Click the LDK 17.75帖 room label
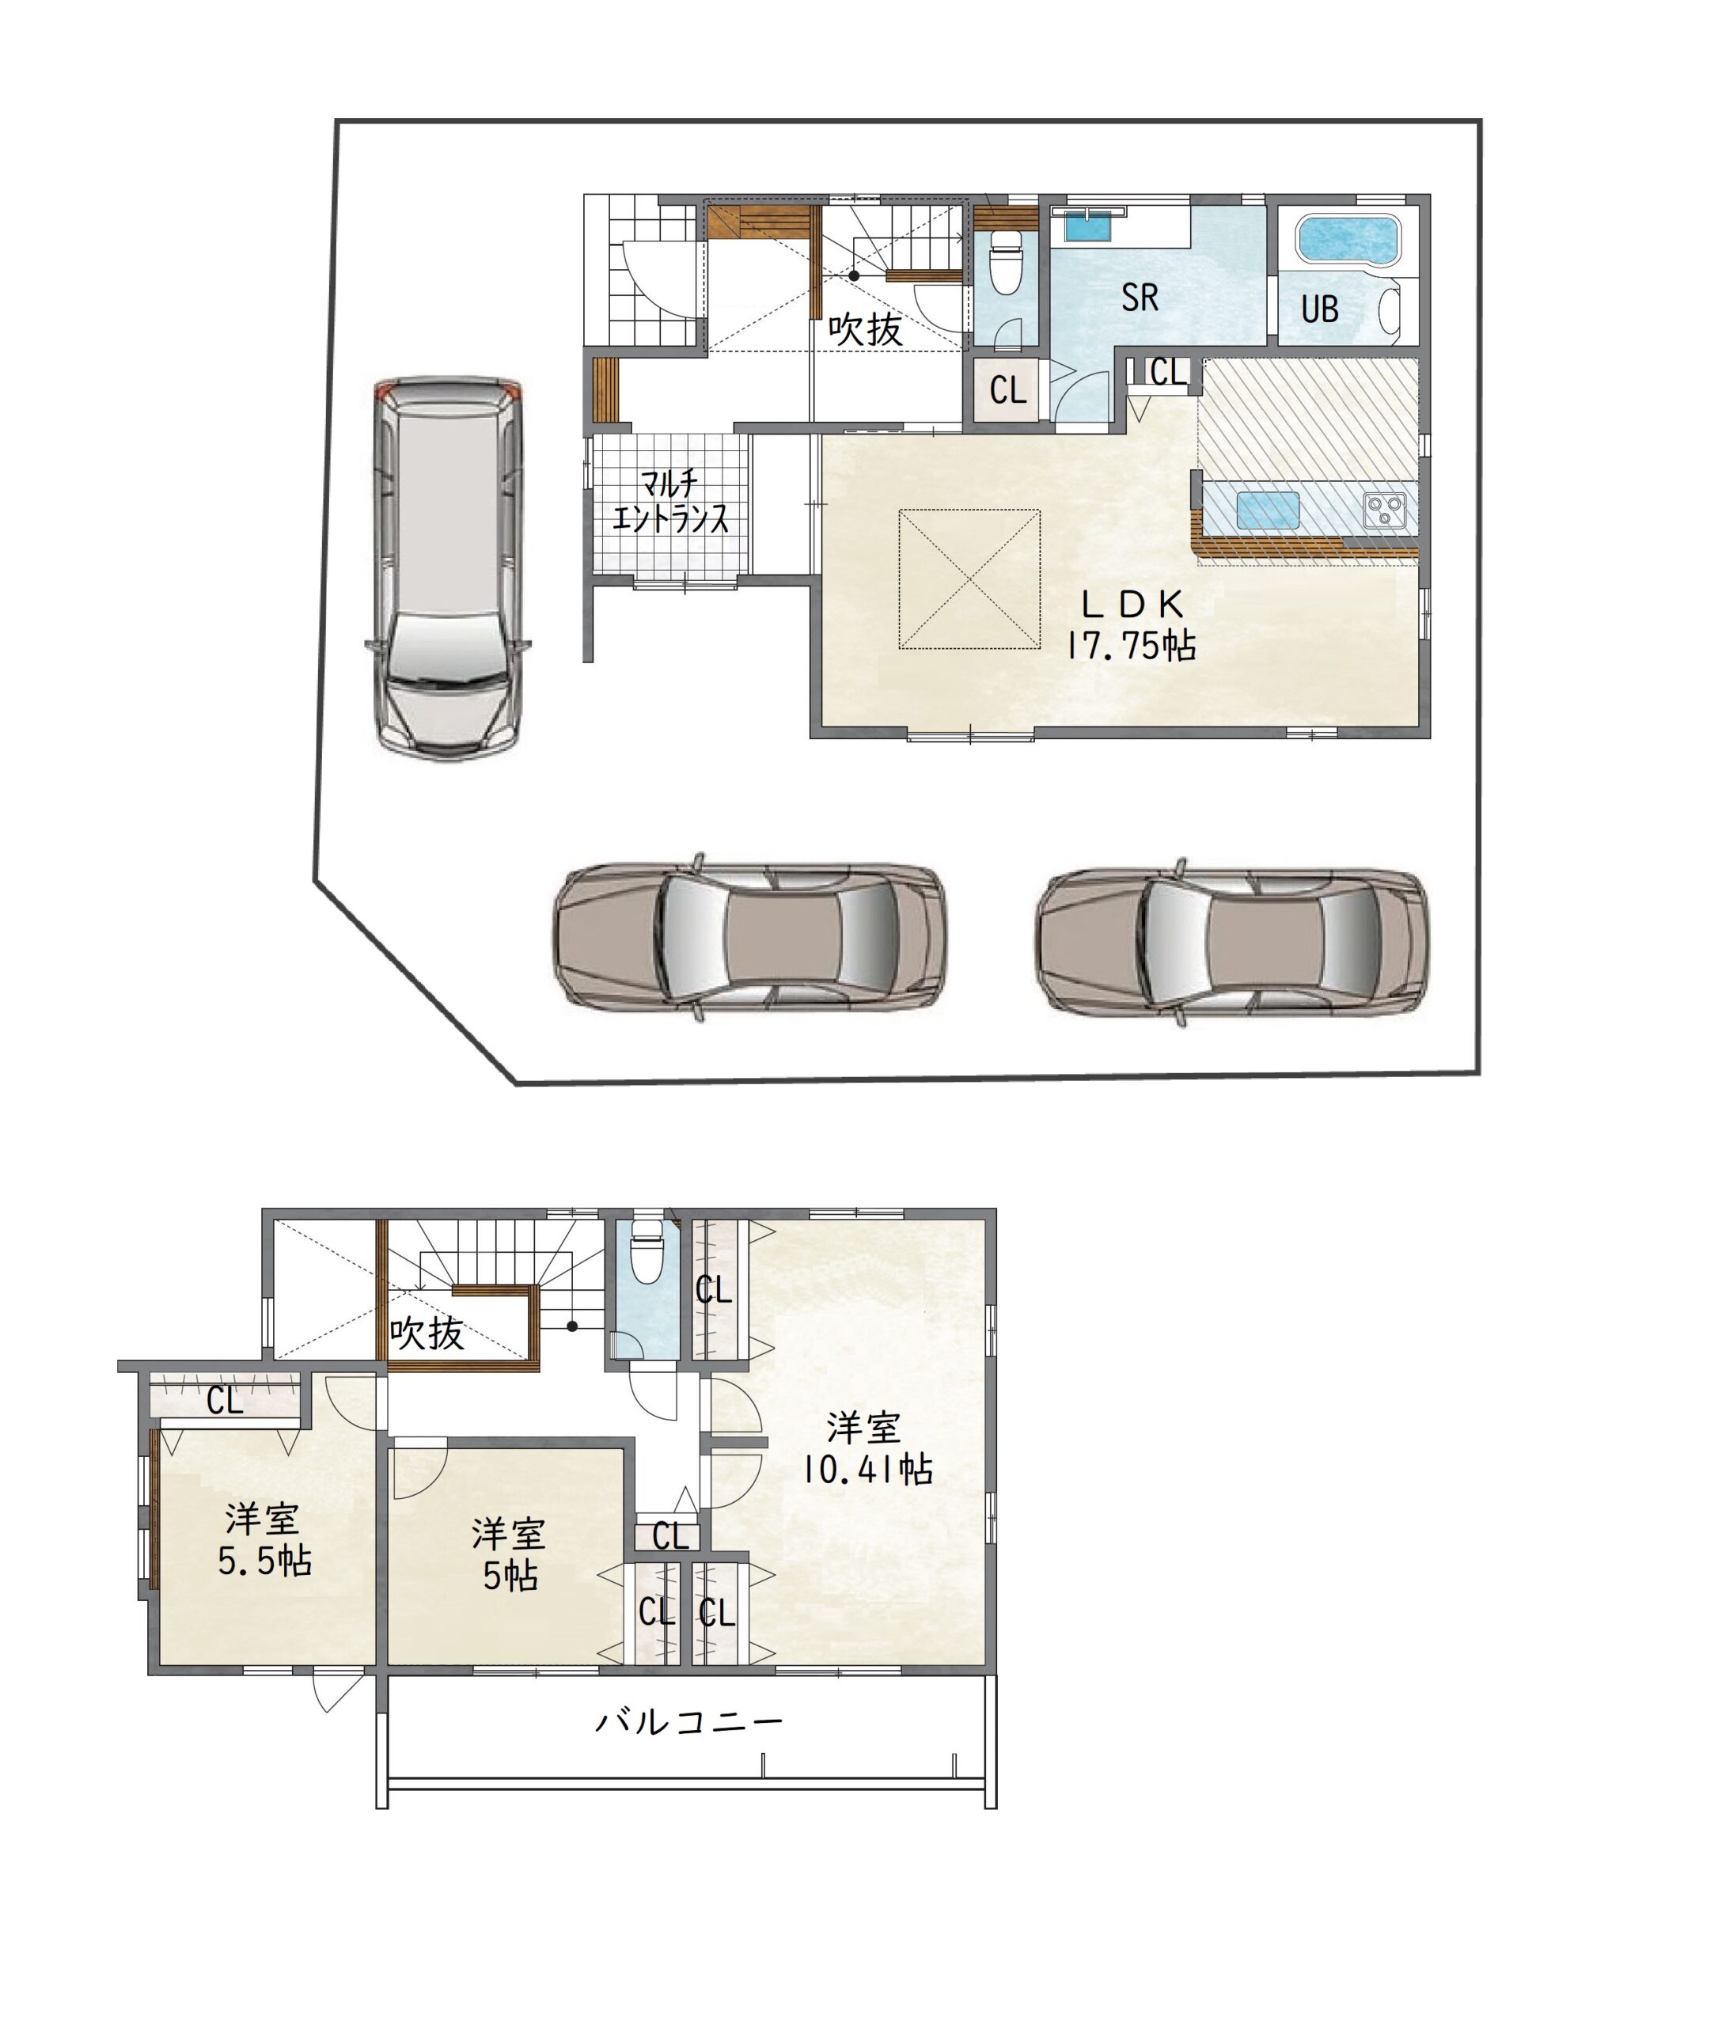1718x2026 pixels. pyautogui.click(x=1132, y=625)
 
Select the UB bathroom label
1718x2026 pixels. pyautogui.click(x=1320, y=309)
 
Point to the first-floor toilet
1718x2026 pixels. pyautogui.click(x=1004, y=260)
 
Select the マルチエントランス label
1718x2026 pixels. pyautogui.click(x=670, y=502)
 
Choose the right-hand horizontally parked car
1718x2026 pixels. pyautogui.click(x=1231, y=942)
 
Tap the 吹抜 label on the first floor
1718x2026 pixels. pyautogui.click(x=865, y=329)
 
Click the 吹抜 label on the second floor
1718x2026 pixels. pyautogui.click(x=427, y=1333)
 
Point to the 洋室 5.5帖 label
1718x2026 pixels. pyautogui.click(x=264, y=1539)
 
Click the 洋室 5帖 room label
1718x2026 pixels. pyautogui.click(x=508, y=1554)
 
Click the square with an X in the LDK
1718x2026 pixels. pyautogui.click(x=969, y=579)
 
